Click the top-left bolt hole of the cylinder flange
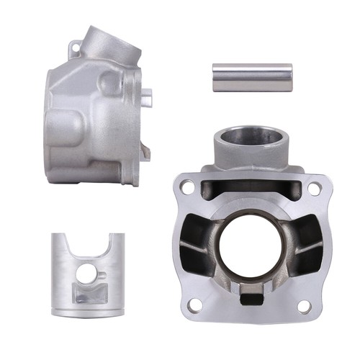pyautogui.click(x=187, y=186)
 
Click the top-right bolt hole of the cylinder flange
pyautogui.click(x=314, y=187)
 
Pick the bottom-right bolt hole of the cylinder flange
pyautogui.click(x=304, y=306)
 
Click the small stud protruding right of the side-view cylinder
pyautogui.click(x=147, y=94)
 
